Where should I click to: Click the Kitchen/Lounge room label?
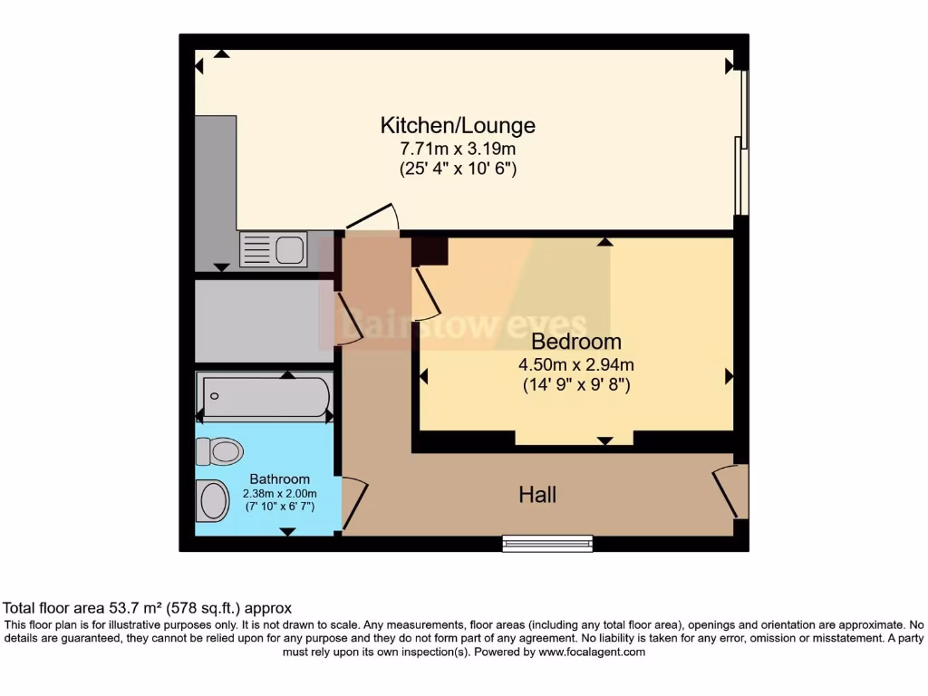point(458,125)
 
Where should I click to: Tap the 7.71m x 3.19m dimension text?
point(458,148)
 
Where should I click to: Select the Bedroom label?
point(576,342)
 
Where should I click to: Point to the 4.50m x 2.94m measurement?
point(576,364)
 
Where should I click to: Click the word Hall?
point(537,495)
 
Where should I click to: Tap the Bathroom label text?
point(279,478)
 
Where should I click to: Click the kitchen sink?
point(274,248)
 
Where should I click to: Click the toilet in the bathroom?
point(218,450)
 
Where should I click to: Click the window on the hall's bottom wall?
point(547,543)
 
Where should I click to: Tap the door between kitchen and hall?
point(372,217)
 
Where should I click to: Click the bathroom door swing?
point(354,504)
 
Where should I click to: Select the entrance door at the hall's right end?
point(730,490)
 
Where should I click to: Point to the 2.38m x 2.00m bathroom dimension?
point(279,493)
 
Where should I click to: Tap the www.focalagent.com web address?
point(592,652)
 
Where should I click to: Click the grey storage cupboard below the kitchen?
point(264,321)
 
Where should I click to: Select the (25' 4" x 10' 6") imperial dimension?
point(458,169)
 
